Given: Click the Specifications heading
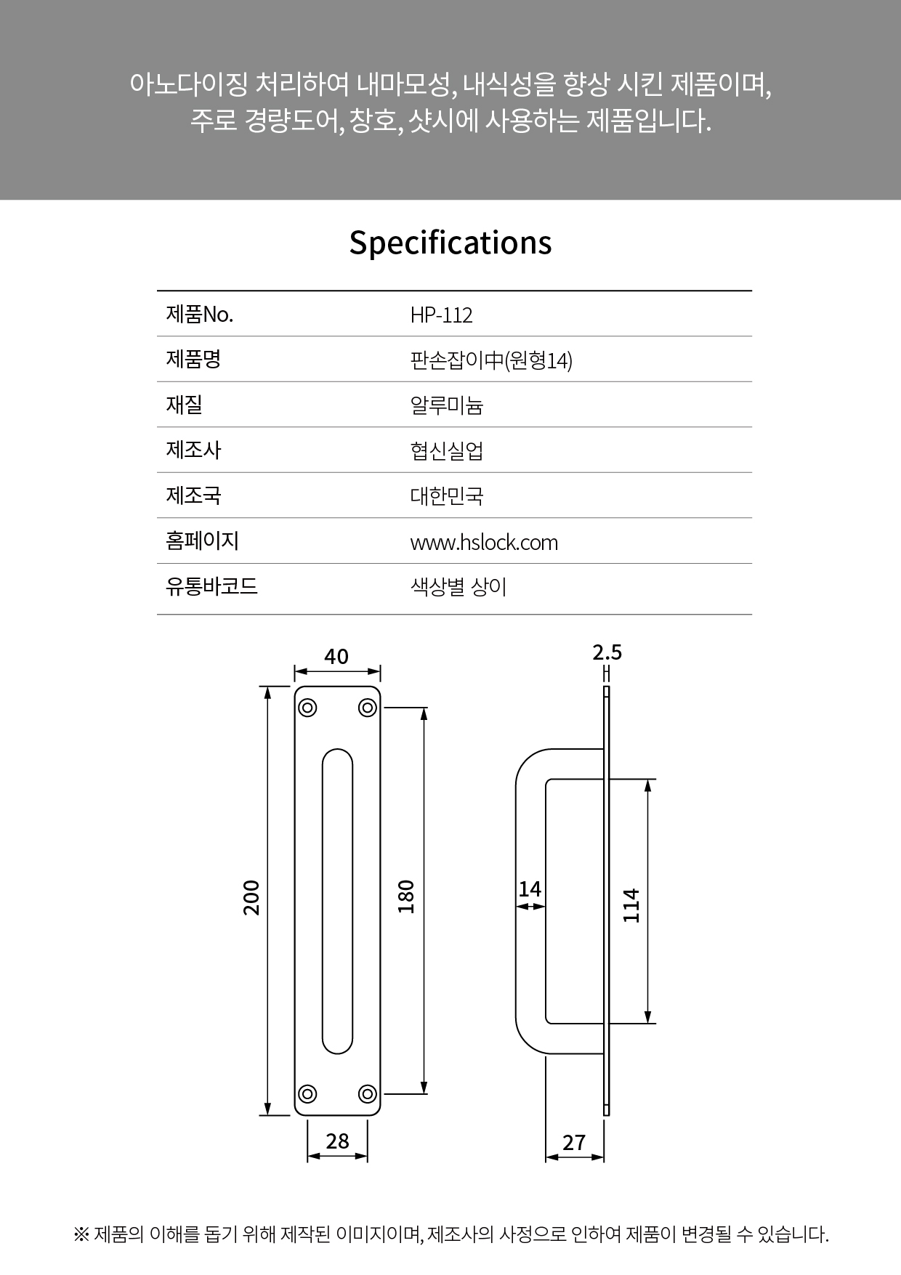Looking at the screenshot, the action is click(x=450, y=243).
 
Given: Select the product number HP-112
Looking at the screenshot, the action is click(x=441, y=315).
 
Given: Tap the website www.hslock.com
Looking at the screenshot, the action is click(x=484, y=543).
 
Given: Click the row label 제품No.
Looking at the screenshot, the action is click(x=200, y=315).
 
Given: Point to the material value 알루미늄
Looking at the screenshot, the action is click(x=447, y=405).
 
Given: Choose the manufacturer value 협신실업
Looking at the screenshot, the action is click(x=447, y=451).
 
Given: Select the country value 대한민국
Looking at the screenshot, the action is click(x=447, y=496).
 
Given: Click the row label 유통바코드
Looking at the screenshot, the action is click(x=212, y=586).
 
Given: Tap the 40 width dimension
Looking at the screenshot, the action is click(x=336, y=657).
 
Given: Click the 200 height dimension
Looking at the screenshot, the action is click(x=251, y=897).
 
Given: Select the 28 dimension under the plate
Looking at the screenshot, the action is click(x=338, y=1141).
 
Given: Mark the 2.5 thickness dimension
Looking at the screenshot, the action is click(x=607, y=652).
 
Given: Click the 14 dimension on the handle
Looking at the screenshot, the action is click(x=530, y=889).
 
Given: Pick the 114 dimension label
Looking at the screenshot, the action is click(x=631, y=905).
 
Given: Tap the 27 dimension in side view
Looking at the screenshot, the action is click(x=574, y=1143).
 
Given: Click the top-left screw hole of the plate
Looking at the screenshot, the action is click(x=307, y=708).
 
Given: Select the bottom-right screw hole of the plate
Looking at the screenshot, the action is click(x=368, y=1093).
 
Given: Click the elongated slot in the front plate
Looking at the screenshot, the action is click(x=337, y=901).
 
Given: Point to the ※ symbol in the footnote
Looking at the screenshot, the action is click(x=81, y=1234).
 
